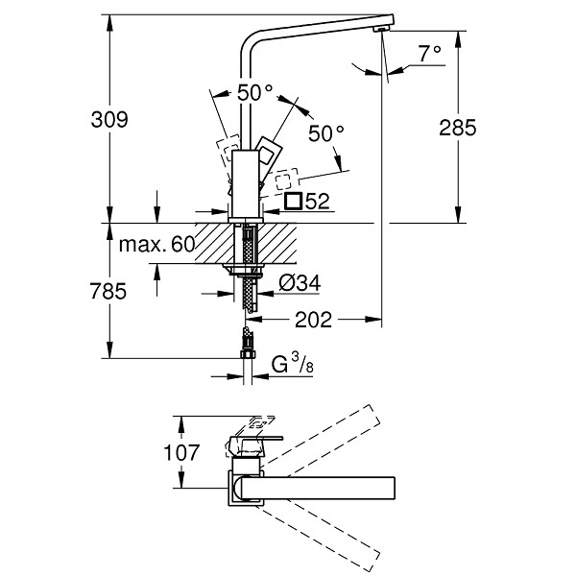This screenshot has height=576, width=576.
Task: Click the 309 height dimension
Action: coord(109,119)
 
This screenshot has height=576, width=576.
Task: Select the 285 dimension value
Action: coord(458,128)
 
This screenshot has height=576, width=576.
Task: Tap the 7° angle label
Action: coord(430,54)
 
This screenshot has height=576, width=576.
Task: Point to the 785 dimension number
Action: coord(108,291)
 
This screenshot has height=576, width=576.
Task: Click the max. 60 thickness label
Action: coord(156,244)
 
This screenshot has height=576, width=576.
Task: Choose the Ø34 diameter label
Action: coord(300,283)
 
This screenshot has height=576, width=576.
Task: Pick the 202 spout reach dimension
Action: coord(313,320)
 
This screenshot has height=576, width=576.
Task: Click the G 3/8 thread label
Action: coord(293,363)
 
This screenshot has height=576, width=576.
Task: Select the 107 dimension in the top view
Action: coord(181,452)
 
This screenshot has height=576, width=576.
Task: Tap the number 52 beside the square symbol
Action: coord(318,201)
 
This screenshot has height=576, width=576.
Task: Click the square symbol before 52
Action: coord(294,201)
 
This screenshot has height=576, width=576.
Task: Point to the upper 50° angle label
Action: coord(255,92)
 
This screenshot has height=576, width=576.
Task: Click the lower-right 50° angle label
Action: coord(326,133)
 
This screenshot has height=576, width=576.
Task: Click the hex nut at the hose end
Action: coord(248,354)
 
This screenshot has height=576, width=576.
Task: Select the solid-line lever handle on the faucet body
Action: coord(270,156)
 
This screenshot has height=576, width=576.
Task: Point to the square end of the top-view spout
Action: coord(394,489)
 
